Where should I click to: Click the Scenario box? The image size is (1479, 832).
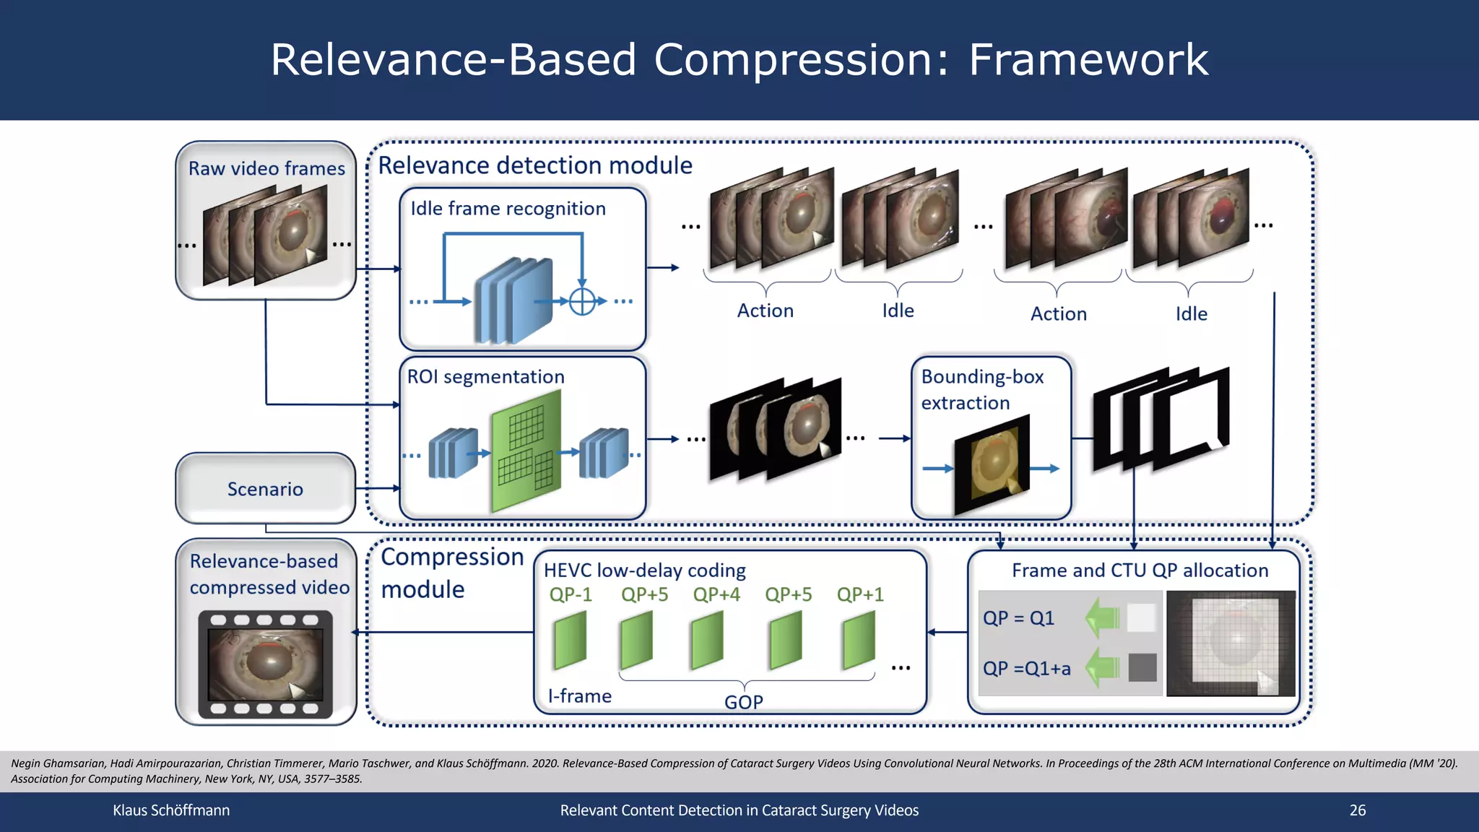point(265,489)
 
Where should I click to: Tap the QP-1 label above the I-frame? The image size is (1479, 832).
point(571,594)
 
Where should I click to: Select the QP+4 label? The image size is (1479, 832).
point(716,594)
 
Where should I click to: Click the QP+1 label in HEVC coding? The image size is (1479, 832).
point(860,594)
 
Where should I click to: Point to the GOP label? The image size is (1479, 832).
point(744,702)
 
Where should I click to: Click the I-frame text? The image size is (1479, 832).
point(579,696)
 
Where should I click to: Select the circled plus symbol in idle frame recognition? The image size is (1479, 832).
point(582,301)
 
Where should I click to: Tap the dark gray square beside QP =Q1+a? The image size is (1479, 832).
point(1142,667)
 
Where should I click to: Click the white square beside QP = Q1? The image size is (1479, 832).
point(1141,617)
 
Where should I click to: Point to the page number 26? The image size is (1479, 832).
point(1357,810)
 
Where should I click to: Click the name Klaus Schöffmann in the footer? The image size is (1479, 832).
point(171,810)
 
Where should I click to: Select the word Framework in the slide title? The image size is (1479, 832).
point(1088,59)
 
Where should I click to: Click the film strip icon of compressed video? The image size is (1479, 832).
point(266,664)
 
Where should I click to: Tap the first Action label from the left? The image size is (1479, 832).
point(765,311)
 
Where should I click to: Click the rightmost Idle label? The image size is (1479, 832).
point(1191,314)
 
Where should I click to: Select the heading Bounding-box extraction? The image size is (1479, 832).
point(981,389)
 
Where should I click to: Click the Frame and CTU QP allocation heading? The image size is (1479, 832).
point(1140,571)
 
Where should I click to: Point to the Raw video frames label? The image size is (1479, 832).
point(266,168)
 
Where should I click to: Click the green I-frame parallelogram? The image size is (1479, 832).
point(570,640)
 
